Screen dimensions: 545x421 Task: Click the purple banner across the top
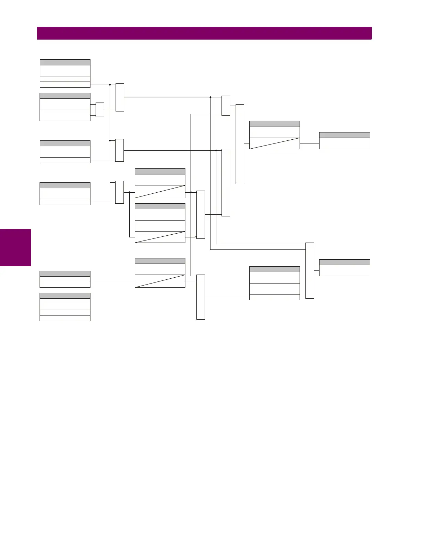pyautogui.click(x=204, y=33)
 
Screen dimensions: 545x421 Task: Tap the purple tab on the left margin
pyautogui.click(x=15, y=248)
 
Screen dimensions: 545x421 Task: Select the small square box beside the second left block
pyautogui.click(x=100, y=110)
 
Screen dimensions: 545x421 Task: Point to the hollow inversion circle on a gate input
pyautogui.click(x=196, y=237)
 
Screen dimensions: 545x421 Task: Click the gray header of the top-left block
pyautogui.click(x=65, y=62)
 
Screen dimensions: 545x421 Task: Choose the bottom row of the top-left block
pyautogui.click(x=65, y=85)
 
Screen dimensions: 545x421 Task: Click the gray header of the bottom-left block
pyautogui.click(x=65, y=296)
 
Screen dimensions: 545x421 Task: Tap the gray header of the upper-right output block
pyautogui.click(x=344, y=135)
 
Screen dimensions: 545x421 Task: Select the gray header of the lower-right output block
pyautogui.click(x=344, y=262)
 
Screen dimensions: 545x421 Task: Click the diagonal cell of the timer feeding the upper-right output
pyautogui.click(x=274, y=143)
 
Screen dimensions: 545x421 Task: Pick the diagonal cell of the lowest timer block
pyautogui.click(x=160, y=281)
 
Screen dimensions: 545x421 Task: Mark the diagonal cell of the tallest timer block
pyautogui.click(x=160, y=237)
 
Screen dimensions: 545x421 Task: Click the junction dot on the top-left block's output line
pyautogui.click(x=110, y=84)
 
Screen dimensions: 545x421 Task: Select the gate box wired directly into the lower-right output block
pyautogui.click(x=310, y=270)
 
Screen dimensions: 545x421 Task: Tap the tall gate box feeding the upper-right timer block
pyautogui.click(x=240, y=144)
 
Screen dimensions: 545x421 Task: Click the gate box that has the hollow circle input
pyautogui.click(x=201, y=214)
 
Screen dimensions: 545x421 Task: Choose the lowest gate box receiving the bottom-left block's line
pyautogui.click(x=201, y=297)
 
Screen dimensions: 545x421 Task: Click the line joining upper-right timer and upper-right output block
pyautogui.click(x=310, y=143)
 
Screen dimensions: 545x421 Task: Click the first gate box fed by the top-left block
pyautogui.click(x=120, y=97)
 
